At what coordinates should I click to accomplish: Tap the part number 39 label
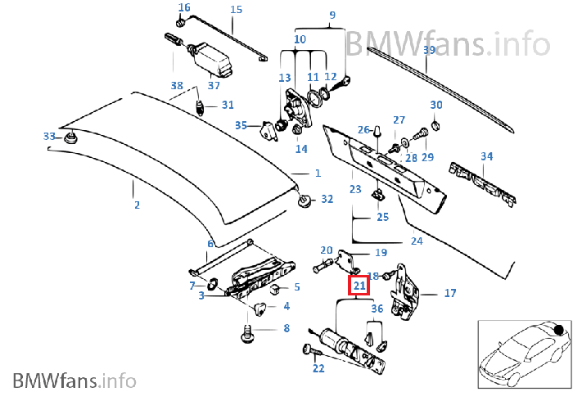429,51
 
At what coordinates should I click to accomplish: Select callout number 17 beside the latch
449,293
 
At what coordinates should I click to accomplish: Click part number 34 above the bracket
486,156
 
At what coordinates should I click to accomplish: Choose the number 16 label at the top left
184,8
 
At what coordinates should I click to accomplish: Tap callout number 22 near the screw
318,369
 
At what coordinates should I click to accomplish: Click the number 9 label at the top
332,15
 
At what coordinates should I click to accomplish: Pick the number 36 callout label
377,309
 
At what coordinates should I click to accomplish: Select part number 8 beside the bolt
286,329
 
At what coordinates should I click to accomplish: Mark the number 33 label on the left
49,136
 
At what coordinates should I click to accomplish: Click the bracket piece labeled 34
483,184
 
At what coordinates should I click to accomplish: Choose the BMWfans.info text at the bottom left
74,381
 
